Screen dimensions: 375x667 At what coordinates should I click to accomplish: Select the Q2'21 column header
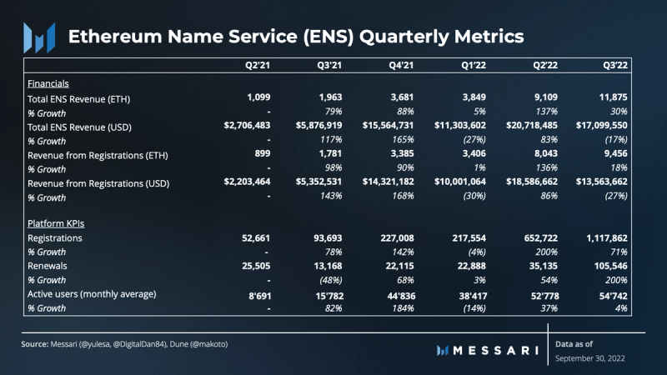pos(254,64)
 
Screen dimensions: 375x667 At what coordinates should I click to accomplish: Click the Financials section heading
pos(48,84)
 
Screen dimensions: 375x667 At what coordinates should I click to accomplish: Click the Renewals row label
pos(49,266)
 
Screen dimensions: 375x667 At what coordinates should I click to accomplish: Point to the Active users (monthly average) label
pos(92,293)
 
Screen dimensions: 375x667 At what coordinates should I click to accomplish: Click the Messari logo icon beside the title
pos(38,36)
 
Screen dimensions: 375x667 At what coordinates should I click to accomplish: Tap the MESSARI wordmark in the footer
pos(499,350)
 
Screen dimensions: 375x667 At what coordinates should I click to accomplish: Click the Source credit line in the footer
pos(125,344)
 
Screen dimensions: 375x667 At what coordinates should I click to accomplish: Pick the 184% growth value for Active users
pos(403,307)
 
